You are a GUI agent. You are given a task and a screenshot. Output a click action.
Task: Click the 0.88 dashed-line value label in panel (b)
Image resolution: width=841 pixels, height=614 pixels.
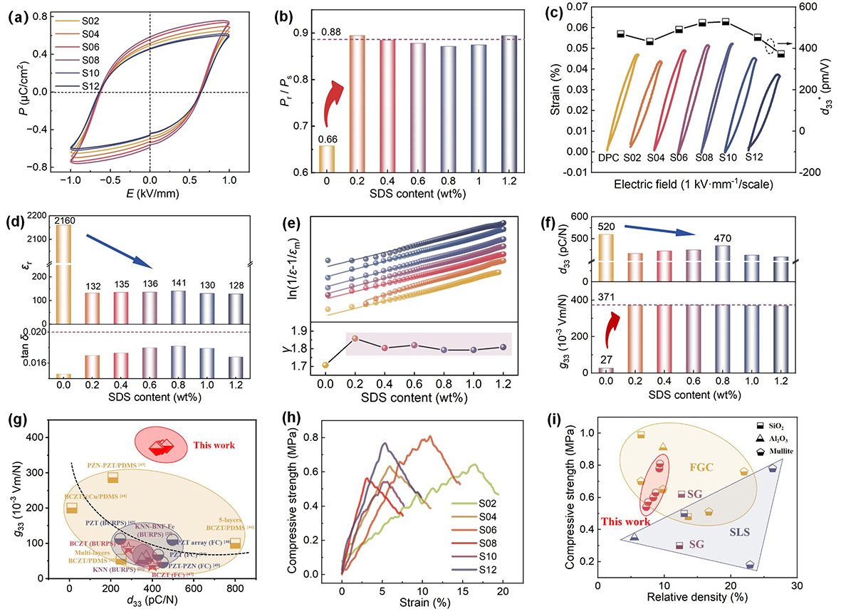point(328,32)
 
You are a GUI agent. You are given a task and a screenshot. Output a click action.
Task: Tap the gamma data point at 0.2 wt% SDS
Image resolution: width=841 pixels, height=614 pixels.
point(355,338)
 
